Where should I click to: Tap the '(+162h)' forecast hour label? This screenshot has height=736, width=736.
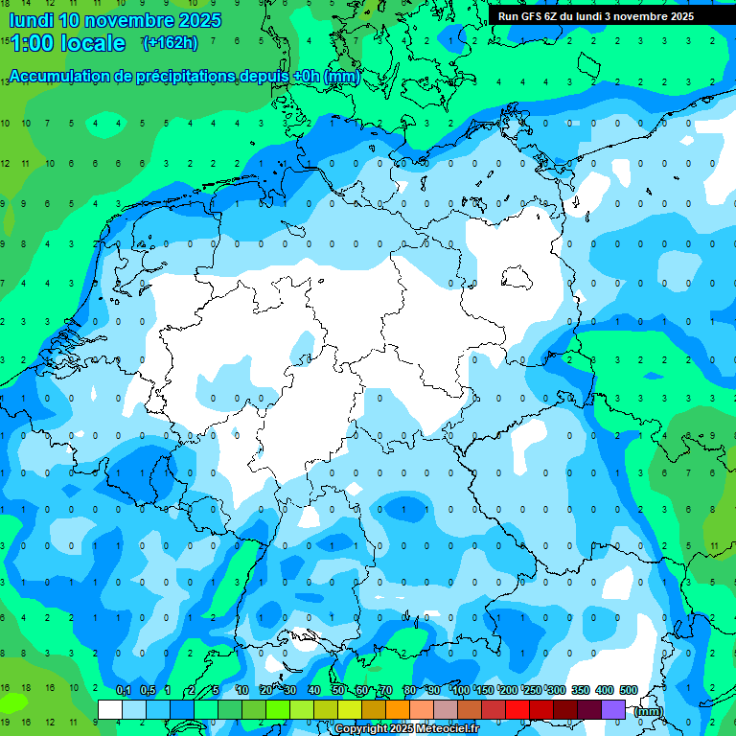pyautogui.click(x=170, y=42)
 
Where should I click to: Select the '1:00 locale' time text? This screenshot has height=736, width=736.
pyautogui.click(x=66, y=43)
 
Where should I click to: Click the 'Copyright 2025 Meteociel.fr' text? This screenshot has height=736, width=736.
pyautogui.click(x=420, y=729)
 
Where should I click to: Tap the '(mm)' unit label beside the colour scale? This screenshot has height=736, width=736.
pyautogui.click(x=649, y=710)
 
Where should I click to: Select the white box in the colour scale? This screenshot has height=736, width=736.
pyautogui.click(x=110, y=709)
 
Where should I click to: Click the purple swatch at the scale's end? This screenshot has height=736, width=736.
pyautogui.click(x=613, y=709)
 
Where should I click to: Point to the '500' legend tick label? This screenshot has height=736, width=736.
pyautogui.click(x=629, y=691)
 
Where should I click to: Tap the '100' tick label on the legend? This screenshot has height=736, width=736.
pyautogui.click(x=461, y=691)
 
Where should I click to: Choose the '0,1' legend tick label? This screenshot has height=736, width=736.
pyautogui.click(x=124, y=691)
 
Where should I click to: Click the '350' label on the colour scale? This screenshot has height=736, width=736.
pyautogui.click(x=581, y=691)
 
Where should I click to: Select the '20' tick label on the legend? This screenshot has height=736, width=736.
pyautogui.click(x=265, y=691)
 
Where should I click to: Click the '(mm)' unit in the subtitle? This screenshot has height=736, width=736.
pyautogui.click(x=343, y=77)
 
